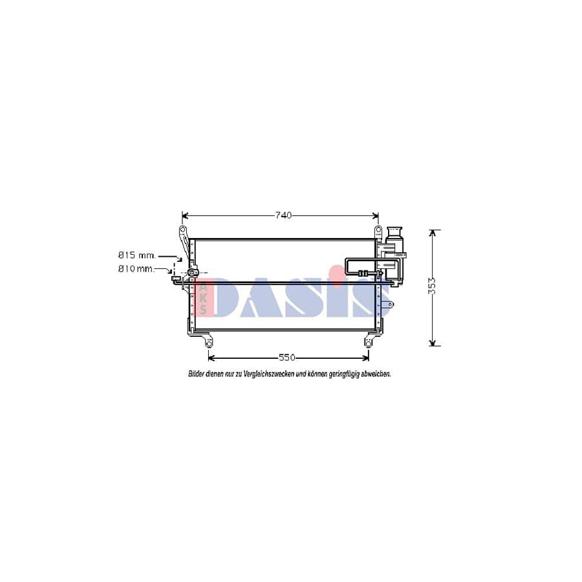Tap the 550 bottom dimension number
287,358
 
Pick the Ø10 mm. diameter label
136,268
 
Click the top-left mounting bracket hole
183,231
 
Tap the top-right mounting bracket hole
378,231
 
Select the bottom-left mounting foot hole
208,343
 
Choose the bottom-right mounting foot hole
368,343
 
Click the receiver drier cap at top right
394,231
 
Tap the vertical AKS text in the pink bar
204,298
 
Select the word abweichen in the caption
374,374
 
